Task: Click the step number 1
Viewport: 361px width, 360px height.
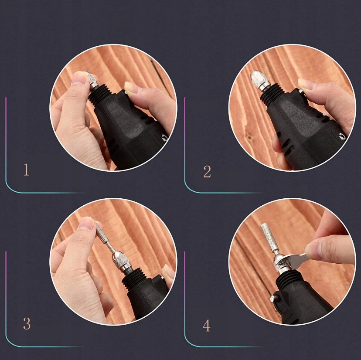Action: (x=27, y=170)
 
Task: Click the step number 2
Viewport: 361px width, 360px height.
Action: (x=207, y=172)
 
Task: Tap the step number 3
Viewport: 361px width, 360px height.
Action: (x=27, y=323)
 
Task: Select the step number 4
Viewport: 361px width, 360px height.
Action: (x=207, y=326)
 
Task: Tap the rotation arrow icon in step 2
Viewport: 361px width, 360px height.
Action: (x=342, y=137)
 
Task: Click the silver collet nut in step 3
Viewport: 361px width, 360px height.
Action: (x=119, y=261)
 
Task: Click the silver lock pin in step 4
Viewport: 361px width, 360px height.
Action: (x=273, y=299)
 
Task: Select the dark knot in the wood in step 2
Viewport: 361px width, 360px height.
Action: (x=249, y=138)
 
